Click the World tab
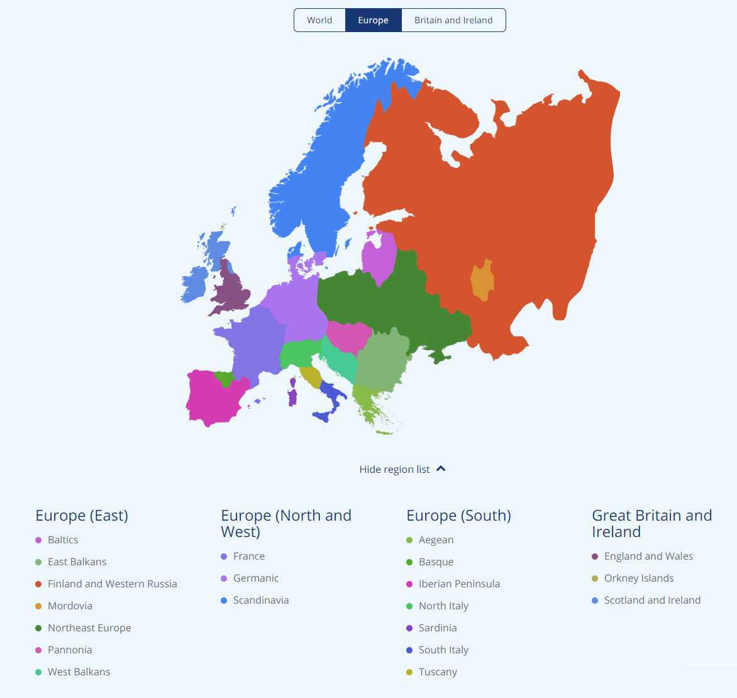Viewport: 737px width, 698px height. click(319, 20)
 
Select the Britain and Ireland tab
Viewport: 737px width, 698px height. click(453, 20)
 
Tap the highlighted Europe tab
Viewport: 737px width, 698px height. click(373, 20)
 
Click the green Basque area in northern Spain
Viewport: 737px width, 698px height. click(224, 379)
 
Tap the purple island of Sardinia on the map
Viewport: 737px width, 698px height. click(292, 397)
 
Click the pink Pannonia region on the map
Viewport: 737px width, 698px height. click(348, 336)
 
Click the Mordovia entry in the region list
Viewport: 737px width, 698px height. click(70, 606)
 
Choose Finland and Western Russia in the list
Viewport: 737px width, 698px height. click(112, 584)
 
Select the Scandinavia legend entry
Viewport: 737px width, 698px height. click(260, 600)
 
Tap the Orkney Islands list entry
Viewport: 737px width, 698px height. click(638, 578)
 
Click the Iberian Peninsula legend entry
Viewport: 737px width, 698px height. click(459, 584)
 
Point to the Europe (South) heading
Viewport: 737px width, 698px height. click(458, 516)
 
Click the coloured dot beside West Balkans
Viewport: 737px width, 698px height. click(38, 672)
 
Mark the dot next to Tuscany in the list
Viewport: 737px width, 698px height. click(409, 672)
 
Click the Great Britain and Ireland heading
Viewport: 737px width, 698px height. click(651, 523)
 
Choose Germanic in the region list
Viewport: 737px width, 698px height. click(255, 578)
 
